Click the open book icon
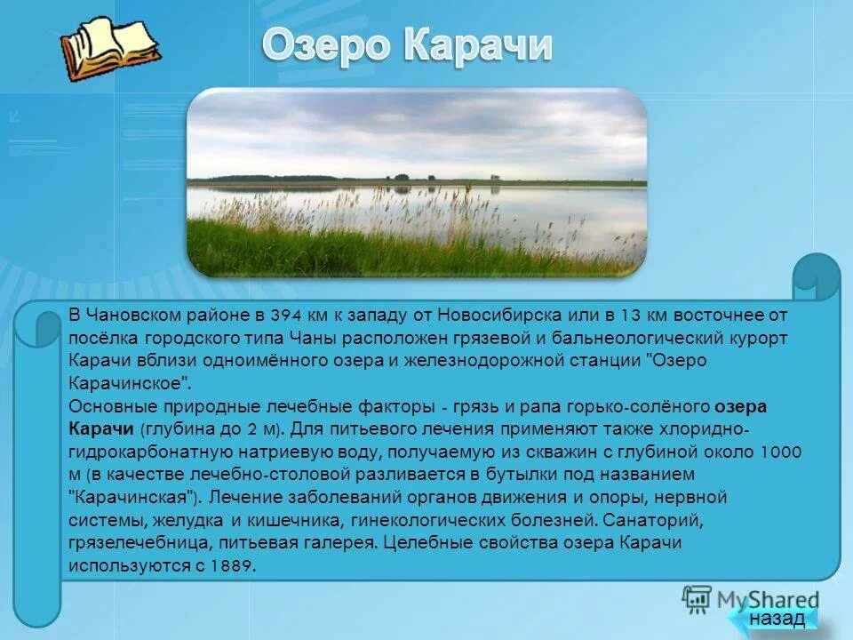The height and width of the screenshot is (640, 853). coord(108,45)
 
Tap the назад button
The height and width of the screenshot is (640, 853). coord(776,618)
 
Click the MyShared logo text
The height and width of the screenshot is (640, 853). coord(766,598)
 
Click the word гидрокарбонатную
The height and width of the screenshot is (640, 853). coord(133,452)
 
